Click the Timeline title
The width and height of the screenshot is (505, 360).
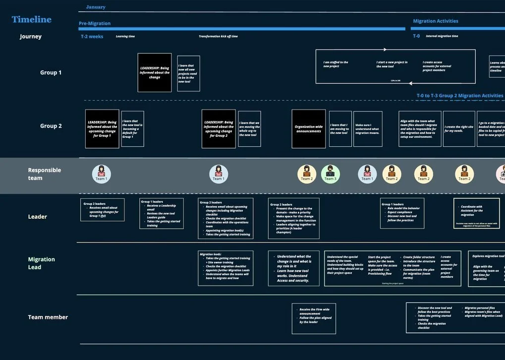pyautogui.click(x=31, y=20)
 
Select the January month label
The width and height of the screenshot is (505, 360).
pyautogui.click(x=96, y=7)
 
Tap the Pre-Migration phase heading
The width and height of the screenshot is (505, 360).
pyautogui.click(x=95, y=23)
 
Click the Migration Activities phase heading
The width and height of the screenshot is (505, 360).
pyautogui.click(x=435, y=21)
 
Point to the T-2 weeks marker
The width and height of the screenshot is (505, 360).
pyautogui.click(x=92, y=36)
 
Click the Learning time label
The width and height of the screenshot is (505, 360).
pyautogui.click(x=125, y=36)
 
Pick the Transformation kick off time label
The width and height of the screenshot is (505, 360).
pyautogui.click(x=218, y=36)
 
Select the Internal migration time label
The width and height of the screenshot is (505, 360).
pyautogui.click(x=442, y=36)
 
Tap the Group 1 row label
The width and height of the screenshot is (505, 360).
pyautogui.click(x=51, y=72)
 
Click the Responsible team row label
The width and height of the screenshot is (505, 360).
pyautogui.click(x=45, y=174)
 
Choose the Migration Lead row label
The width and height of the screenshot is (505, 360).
pyautogui.click(x=42, y=263)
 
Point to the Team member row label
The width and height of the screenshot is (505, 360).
pyautogui.click(x=48, y=317)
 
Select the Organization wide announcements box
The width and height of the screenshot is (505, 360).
pyautogui.click(x=308, y=129)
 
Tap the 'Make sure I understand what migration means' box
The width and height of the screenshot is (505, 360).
pyautogui.click(x=368, y=129)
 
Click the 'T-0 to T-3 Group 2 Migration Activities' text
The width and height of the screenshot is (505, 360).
pyautogui.click(x=459, y=96)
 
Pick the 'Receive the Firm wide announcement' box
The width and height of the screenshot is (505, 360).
pyautogui.click(x=314, y=318)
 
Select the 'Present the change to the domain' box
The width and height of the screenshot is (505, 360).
pyautogui.click(x=294, y=218)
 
